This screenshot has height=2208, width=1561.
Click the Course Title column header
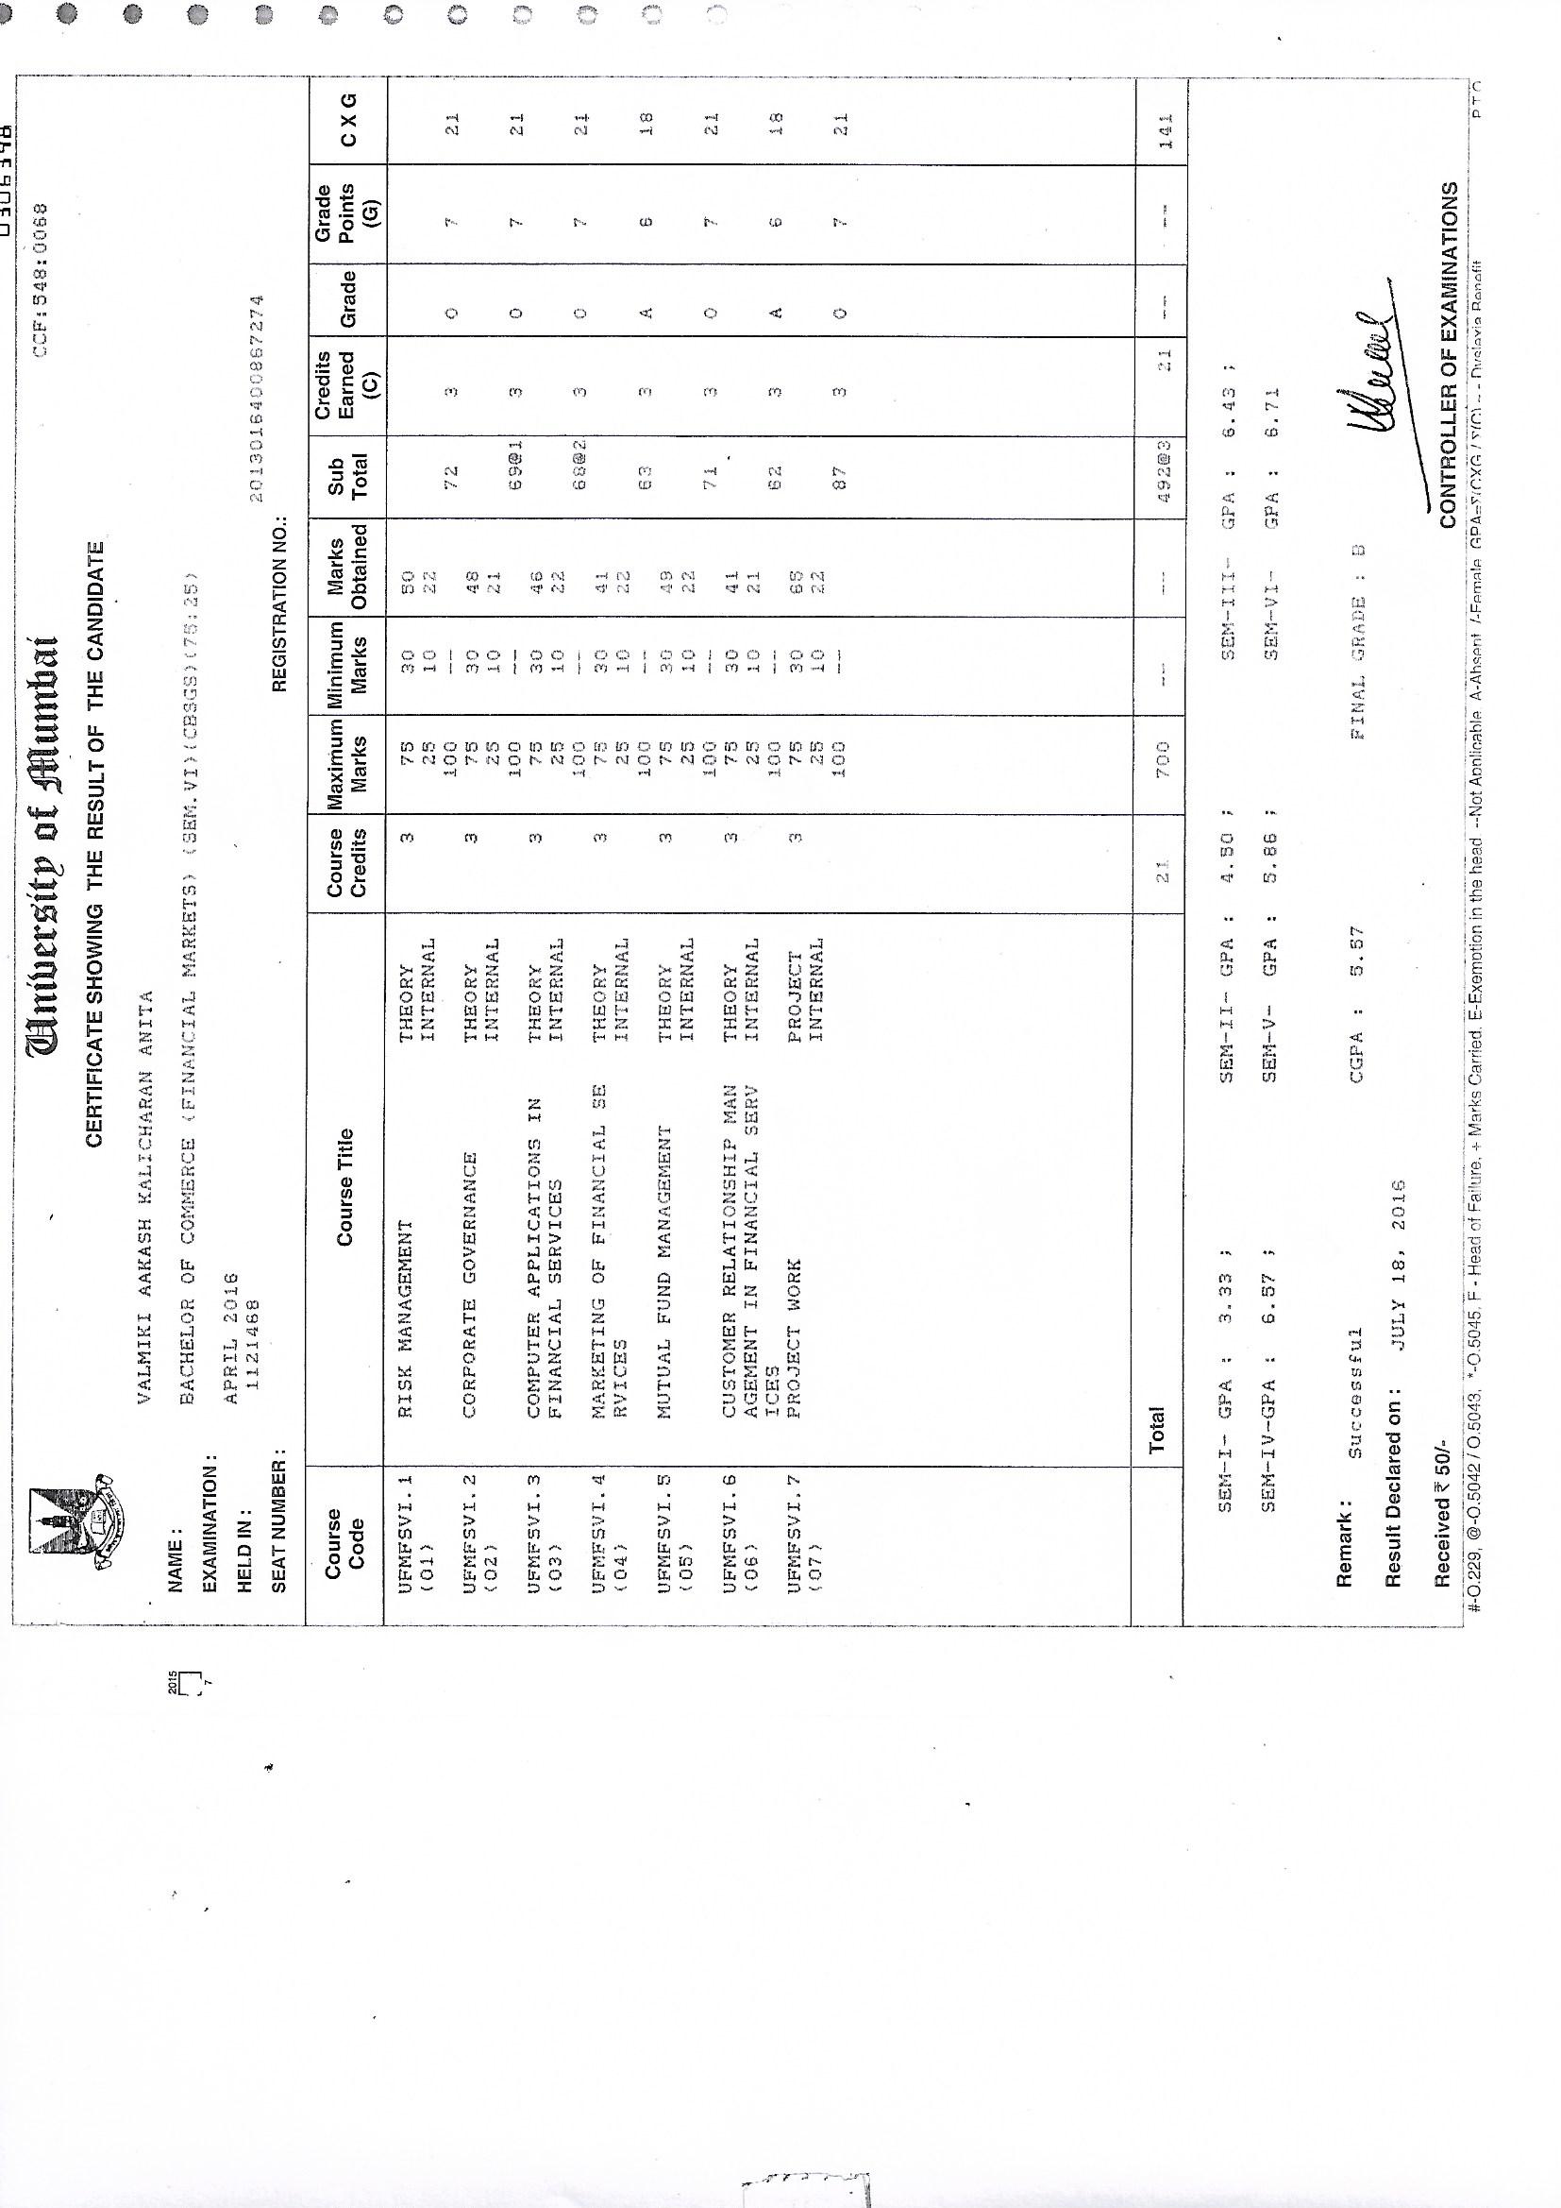tap(345, 1187)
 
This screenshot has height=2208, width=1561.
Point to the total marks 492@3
tap(1161, 473)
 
